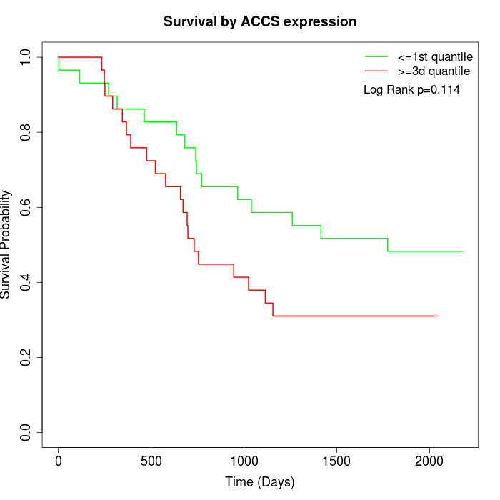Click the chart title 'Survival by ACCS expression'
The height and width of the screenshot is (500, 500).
click(260, 21)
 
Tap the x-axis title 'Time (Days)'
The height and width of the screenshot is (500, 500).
click(260, 482)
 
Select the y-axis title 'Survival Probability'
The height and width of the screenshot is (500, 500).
click(6, 244)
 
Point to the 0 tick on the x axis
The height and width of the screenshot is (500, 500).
click(59, 459)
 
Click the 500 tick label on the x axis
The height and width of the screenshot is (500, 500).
click(151, 459)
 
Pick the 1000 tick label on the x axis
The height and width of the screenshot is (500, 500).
click(244, 459)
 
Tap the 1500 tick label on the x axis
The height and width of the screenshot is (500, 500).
click(336, 459)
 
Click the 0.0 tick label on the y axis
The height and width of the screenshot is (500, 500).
click(26, 432)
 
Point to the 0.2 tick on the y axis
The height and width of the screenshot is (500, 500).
click(26, 357)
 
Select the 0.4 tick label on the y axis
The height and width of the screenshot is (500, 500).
click(26, 282)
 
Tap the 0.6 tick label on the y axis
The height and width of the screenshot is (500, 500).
click(26, 207)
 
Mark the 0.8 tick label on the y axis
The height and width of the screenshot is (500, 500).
click(26, 132)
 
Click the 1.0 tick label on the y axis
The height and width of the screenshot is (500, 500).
click(26, 57)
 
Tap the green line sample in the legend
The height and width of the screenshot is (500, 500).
click(376, 56)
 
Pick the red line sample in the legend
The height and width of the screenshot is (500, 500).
click(376, 71)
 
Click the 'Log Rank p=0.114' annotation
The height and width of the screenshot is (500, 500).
click(411, 90)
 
